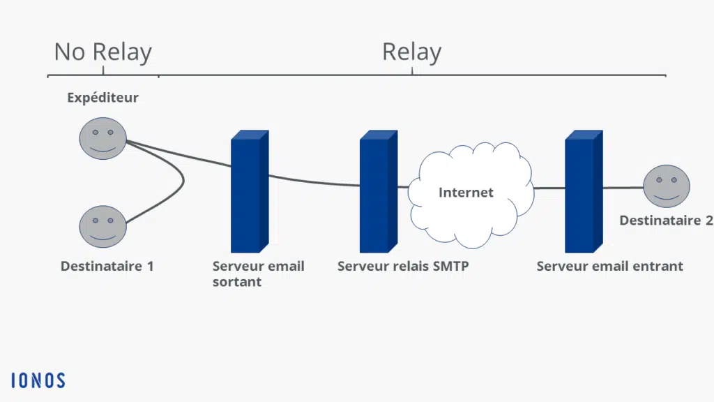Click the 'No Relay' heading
[102, 52]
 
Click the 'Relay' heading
[411, 52]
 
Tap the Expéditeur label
[102, 98]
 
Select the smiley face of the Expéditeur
[102, 138]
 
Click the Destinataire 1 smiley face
[102, 226]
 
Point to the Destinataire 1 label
[107, 266]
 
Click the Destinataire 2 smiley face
[666, 186]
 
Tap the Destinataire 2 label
[666, 221]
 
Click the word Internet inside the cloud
[466, 193]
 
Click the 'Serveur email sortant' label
[258, 274]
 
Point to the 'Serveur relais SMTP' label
[402, 266]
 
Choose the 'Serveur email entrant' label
[609, 266]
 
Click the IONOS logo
[38, 380]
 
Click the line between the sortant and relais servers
[314, 183]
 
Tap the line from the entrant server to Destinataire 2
[622, 188]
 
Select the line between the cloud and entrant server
[549, 188]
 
